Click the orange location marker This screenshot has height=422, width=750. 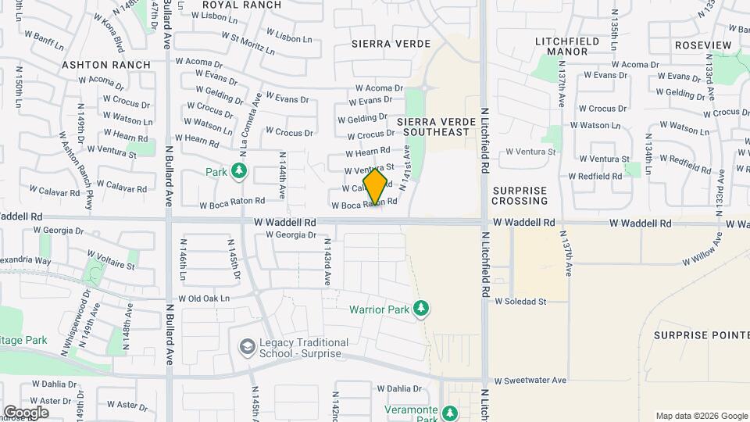(376, 187)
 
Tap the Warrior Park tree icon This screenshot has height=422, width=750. (421, 309)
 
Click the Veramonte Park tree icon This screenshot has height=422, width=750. (449, 413)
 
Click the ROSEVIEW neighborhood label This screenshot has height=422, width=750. (702, 45)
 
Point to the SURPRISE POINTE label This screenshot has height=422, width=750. (702, 334)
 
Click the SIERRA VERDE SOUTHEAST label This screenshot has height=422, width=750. (433, 127)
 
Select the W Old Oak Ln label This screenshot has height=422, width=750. (204, 299)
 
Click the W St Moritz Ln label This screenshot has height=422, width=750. (248, 42)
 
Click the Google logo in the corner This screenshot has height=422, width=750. (26, 412)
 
